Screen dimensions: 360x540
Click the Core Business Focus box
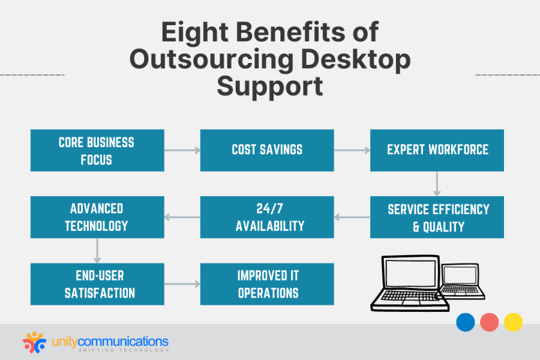(x=97, y=150)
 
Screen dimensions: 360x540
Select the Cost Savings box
(x=267, y=150)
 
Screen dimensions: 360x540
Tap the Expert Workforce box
(x=437, y=150)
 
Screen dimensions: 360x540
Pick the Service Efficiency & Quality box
(x=437, y=217)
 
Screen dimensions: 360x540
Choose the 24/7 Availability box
(x=267, y=217)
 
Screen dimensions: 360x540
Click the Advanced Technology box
(x=97, y=217)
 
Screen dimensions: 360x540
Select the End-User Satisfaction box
(x=97, y=284)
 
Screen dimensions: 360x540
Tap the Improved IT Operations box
(x=267, y=284)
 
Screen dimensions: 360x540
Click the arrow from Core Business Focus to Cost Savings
(x=182, y=150)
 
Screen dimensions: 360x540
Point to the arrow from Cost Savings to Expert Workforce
(x=352, y=150)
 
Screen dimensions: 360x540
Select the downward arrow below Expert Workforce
(x=437, y=183)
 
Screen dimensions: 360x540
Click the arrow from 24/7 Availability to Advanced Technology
(x=182, y=217)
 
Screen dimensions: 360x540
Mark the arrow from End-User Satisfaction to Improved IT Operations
(x=182, y=284)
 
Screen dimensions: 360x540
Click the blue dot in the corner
(x=465, y=321)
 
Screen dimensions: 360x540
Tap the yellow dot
(x=513, y=321)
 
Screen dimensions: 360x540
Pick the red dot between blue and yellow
(x=489, y=321)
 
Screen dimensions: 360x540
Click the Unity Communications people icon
(x=35, y=341)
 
